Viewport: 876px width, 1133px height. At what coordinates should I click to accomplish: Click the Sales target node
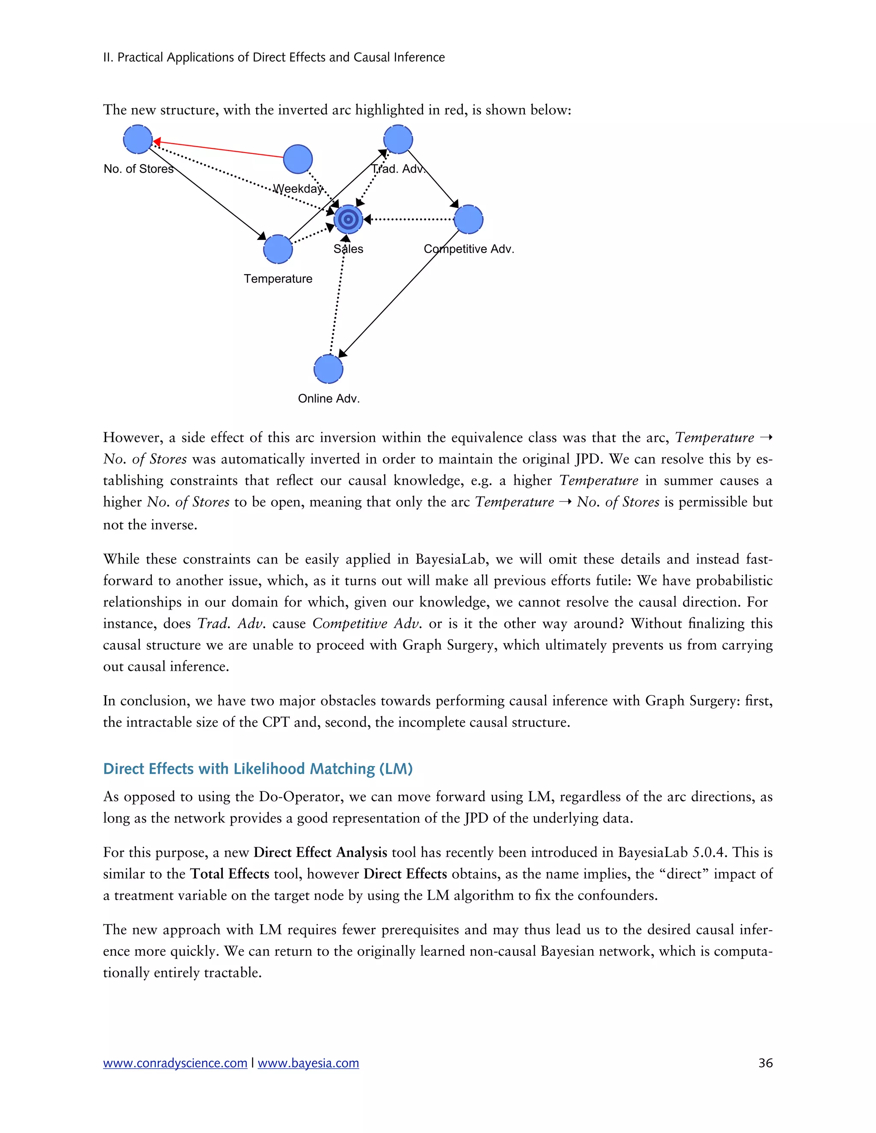pos(348,219)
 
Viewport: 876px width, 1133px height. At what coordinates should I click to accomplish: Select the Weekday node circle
pos(298,159)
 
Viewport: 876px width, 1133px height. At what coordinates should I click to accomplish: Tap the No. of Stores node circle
pos(138,139)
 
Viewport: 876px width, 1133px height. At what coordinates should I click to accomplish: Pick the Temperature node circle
pos(278,249)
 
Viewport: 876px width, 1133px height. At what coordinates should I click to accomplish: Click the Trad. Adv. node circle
pos(398,139)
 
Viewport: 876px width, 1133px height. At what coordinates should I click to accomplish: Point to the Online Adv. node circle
pos(328,369)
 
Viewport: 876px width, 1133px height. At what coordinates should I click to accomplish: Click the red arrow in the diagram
pos(218,149)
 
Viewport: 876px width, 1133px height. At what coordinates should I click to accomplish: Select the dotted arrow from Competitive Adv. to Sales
pos(410,219)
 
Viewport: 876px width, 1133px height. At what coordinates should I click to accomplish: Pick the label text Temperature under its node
pos(278,279)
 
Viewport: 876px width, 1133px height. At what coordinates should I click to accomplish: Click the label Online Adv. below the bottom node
pos(328,398)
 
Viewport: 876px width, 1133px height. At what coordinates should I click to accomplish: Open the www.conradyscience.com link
pos(175,1063)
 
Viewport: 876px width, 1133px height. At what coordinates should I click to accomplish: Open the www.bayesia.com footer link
pos(308,1063)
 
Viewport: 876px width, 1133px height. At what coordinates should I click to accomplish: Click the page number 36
pos(766,1063)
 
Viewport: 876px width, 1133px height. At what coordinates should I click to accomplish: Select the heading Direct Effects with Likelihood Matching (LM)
pos(258,769)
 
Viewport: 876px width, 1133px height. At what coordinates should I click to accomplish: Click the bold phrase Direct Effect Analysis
pos(320,853)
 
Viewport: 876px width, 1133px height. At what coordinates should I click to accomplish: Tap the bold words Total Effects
pos(229,873)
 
